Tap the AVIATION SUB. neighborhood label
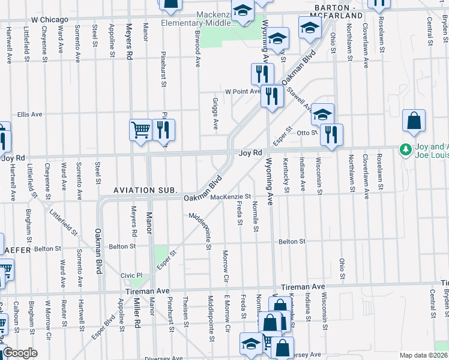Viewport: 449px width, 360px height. (146, 190)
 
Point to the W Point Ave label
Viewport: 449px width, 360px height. (243, 92)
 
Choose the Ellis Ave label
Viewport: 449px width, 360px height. (29, 114)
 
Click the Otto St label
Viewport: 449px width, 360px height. (306, 133)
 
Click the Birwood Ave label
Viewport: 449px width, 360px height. (197, 53)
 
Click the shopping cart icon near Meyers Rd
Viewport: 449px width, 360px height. (140, 130)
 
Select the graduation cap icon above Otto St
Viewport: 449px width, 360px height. (322, 114)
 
